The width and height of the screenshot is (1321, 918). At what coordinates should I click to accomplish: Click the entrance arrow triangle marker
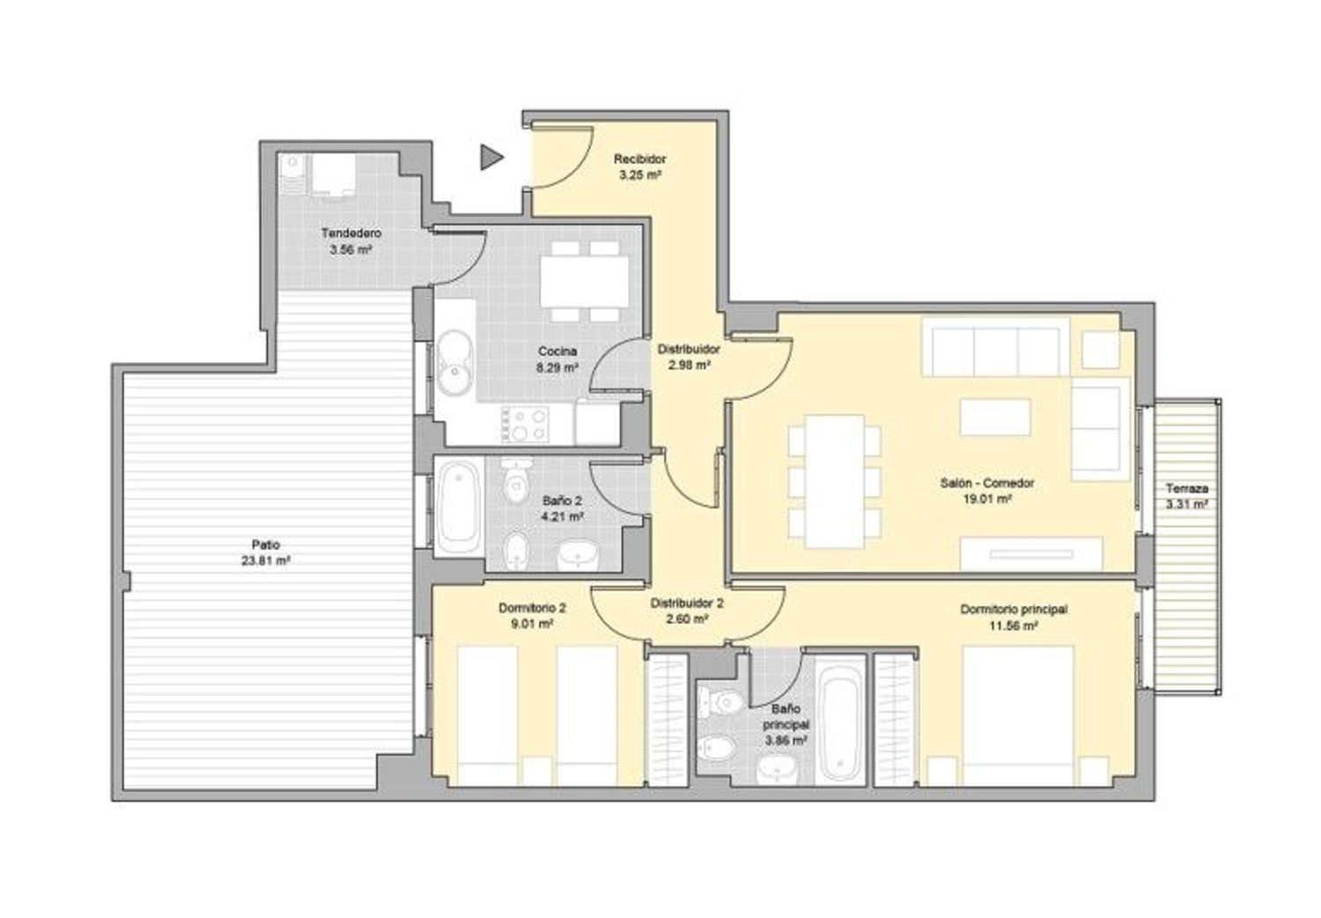point(491,158)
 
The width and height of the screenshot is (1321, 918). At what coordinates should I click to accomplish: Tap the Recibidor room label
point(640,159)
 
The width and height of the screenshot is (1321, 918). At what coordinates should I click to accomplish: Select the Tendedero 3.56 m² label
point(351,241)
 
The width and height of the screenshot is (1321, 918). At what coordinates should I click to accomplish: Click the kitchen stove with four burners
point(525,424)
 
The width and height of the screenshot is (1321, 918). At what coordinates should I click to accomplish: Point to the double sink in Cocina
point(454,362)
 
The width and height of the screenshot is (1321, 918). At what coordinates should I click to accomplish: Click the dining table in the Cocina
point(585,281)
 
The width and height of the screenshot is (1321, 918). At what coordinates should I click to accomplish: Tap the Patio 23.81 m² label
point(265,552)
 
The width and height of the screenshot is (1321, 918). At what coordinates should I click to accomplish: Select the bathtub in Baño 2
point(460,506)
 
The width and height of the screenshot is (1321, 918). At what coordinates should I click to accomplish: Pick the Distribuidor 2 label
point(687,603)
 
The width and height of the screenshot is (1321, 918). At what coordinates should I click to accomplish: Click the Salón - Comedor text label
point(987,483)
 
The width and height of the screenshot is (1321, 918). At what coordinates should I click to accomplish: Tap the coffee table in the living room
point(995,417)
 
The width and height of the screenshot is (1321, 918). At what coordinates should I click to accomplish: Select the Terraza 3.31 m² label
point(1187,497)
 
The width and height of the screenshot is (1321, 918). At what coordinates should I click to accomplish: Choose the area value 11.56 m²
point(1014,626)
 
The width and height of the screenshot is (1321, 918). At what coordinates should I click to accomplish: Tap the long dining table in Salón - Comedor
point(835,481)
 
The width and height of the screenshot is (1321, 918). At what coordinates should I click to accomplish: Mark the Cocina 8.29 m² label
point(557,359)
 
